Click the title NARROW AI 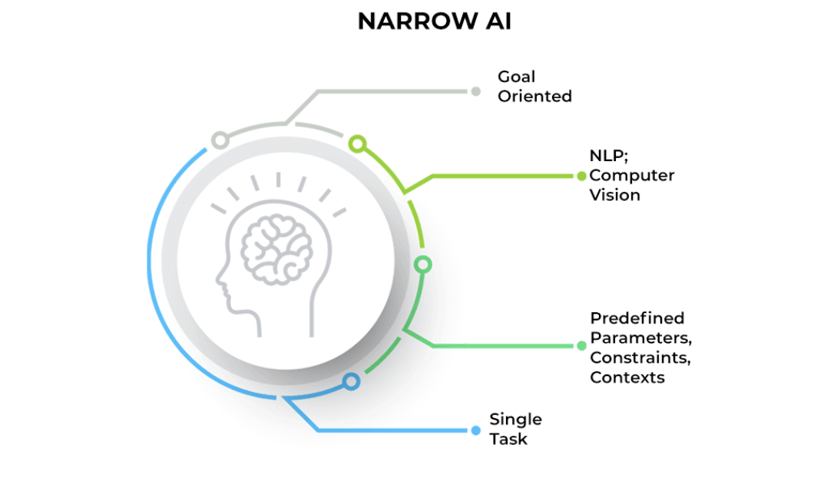(434, 22)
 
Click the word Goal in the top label (516, 77)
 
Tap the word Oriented (534, 97)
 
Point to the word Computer (632, 176)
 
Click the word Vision (614, 195)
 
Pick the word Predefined (637, 318)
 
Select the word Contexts (627, 377)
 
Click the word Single (515, 420)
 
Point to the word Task (508, 440)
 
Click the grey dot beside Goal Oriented (475, 91)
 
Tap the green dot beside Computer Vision (581, 176)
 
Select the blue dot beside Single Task (475, 430)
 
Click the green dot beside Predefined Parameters (581, 345)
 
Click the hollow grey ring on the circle (220, 140)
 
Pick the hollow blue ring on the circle (351, 381)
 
